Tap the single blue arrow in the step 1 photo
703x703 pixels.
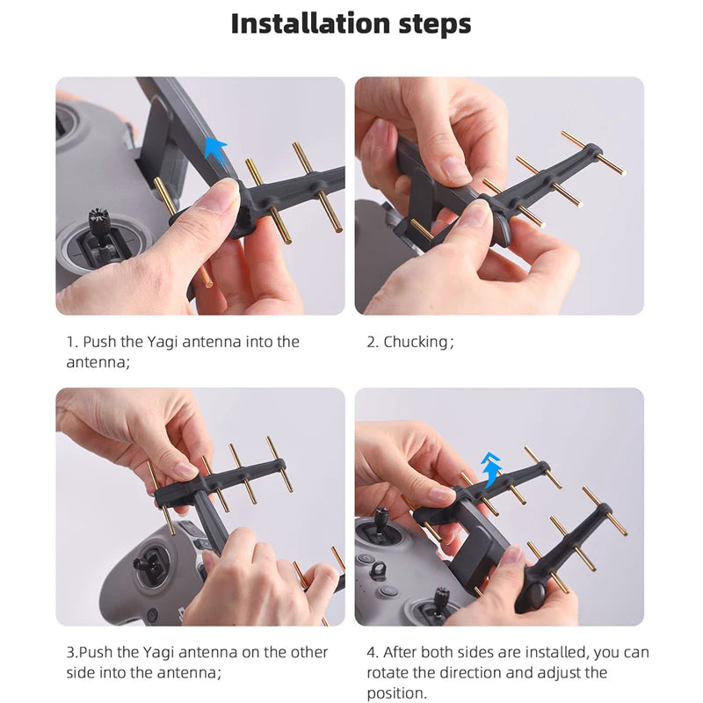click(214, 148)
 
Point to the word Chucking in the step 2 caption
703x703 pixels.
click(416, 342)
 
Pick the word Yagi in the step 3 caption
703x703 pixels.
click(155, 652)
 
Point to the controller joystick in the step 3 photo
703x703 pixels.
click(151, 562)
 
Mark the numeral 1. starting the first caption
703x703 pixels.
click(71, 342)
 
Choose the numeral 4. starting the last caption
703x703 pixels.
click(373, 652)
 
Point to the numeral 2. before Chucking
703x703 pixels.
click(373, 342)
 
